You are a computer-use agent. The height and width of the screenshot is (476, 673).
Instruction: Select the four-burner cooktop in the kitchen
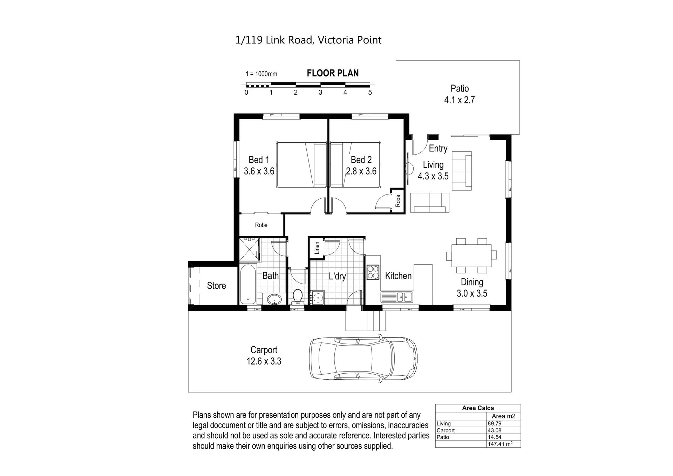(x=373, y=272)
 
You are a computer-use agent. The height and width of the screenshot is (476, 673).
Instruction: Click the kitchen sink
(x=397, y=297)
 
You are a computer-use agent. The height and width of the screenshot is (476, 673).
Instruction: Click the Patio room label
(x=460, y=88)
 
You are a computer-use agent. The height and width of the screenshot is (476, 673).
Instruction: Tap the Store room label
(x=216, y=286)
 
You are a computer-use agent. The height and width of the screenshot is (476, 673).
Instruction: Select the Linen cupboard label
(x=317, y=248)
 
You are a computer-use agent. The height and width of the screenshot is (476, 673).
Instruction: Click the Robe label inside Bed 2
(x=398, y=200)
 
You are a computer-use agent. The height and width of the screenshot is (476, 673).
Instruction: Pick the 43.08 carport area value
(x=494, y=430)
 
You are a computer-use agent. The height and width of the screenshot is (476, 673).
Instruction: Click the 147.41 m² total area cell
(x=500, y=444)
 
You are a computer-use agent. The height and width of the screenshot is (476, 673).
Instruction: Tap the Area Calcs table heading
(x=478, y=408)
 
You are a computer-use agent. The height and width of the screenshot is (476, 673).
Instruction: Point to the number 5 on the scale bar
(x=370, y=93)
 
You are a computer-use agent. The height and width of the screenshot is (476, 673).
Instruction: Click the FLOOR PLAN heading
(x=333, y=73)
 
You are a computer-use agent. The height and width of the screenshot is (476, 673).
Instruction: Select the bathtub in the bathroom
(x=248, y=284)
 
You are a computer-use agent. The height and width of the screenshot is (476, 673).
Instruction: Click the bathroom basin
(x=274, y=299)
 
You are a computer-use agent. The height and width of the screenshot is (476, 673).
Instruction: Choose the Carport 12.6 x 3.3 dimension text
(x=264, y=355)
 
